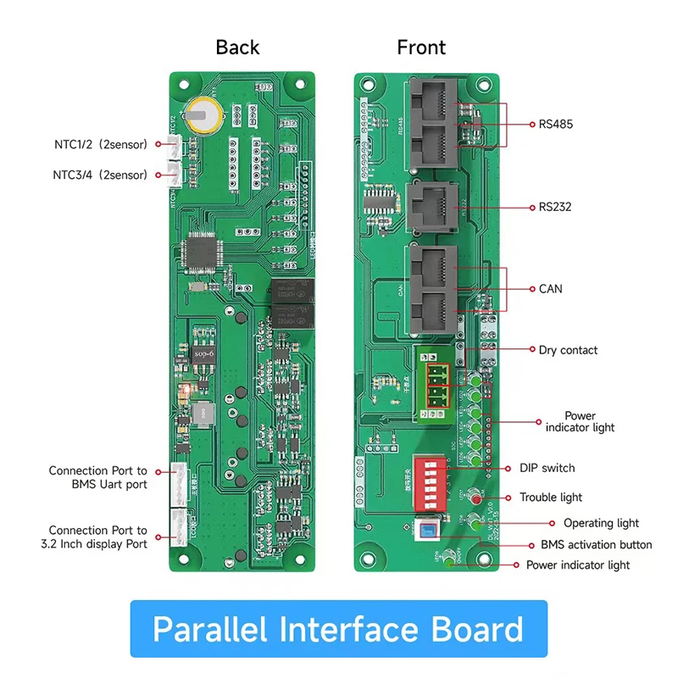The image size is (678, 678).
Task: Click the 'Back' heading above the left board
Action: (x=237, y=47)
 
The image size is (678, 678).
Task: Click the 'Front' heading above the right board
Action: (x=421, y=47)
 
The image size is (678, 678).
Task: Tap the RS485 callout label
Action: (x=556, y=124)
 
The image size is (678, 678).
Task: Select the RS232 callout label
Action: (x=555, y=206)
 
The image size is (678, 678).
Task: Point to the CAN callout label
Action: (x=550, y=289)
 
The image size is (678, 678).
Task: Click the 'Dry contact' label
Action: (x=568, y=350)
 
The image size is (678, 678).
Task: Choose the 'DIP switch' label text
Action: (x=547, y=468)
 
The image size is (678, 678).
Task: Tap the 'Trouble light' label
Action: (x=551, y=497)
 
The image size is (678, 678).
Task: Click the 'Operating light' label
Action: (x=601, y=523)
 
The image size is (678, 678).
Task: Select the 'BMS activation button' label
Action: (x=597, y=544)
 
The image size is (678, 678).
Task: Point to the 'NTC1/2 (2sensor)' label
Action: (x=101, y=145)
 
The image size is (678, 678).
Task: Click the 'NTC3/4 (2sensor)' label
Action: (x=101, y=175)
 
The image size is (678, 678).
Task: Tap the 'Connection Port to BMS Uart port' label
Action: (x=97, y=477)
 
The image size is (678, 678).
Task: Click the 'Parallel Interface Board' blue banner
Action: (x=338, y=630)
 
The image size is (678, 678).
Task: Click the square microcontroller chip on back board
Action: (x=204, y=253)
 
